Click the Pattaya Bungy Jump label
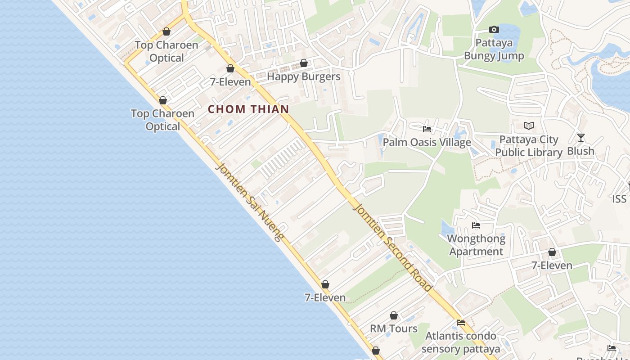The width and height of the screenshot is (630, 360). (494, 49)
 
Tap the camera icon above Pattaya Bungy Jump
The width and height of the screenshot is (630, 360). (494, 30)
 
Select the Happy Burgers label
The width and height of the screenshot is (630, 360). (304, 76)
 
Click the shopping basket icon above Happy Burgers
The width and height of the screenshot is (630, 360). (304, 63)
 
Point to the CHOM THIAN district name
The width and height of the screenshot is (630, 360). (248, 109)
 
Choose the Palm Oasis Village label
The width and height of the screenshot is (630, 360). (427, 143)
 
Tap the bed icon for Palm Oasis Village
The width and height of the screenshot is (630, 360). (427, 129)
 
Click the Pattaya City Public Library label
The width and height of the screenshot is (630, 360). (529, 146)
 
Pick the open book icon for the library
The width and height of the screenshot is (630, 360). (529, 126)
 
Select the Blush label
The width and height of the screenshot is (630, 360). (580, 151)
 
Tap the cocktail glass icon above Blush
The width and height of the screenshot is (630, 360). (581, 138)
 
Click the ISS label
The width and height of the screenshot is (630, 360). (619, 199)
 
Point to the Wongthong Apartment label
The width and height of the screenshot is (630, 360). (476, 245)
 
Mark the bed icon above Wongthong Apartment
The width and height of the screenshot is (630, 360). (476, 225)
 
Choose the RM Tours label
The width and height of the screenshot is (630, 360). (394, 328)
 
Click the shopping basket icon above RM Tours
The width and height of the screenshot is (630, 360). (394, 315)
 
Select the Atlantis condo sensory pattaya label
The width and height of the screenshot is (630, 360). (461, 342)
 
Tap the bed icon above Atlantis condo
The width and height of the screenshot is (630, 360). (461, 323)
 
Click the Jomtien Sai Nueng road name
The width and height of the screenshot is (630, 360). (250, 202)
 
